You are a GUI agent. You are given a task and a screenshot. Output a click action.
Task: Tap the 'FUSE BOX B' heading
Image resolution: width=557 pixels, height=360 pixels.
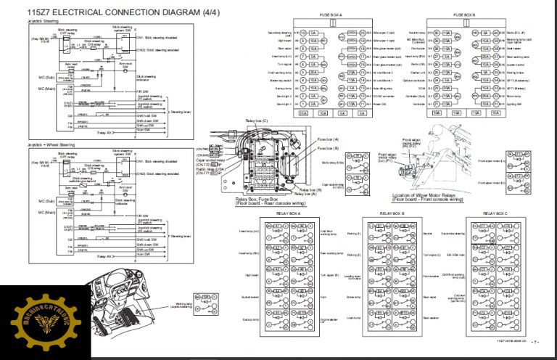point(464,14)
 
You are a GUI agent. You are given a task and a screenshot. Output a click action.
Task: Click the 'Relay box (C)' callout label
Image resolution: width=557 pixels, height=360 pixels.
point(255,120)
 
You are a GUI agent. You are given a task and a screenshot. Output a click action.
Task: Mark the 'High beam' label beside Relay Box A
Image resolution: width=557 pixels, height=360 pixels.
point(251,275)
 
